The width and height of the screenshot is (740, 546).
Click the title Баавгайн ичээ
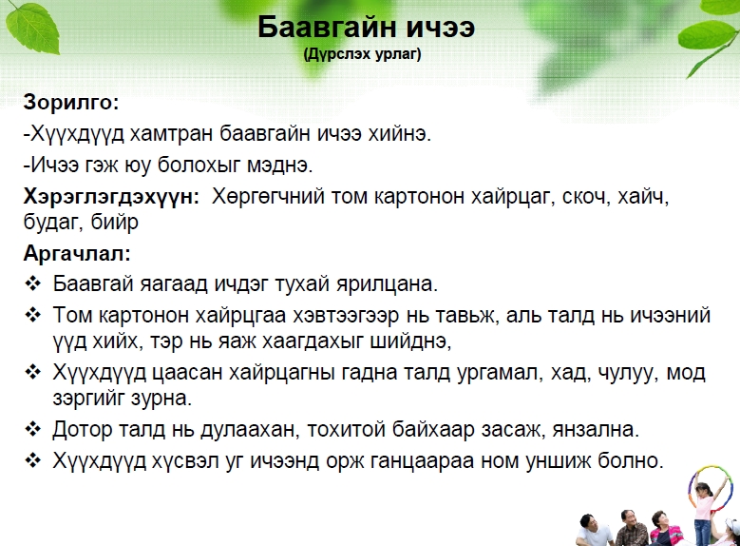366,27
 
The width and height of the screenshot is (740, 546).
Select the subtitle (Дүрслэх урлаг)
363,54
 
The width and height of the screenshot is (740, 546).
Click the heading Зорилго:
71,102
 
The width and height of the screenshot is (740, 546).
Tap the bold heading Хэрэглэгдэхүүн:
111,196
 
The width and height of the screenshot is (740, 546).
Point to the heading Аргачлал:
77,253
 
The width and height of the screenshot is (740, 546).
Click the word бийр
115,222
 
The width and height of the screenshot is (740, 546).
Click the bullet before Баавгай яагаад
33,283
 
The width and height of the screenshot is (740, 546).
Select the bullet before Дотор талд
33,429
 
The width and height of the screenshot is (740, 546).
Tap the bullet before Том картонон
33,315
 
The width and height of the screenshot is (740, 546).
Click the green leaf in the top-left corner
33,28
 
